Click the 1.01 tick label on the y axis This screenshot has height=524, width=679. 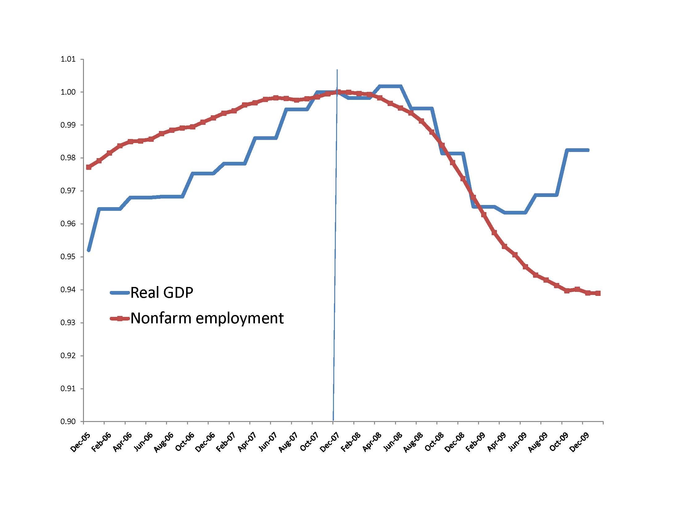coord(68,59)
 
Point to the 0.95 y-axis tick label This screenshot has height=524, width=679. coord(68,257)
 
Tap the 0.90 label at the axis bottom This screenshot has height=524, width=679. coord(68,421)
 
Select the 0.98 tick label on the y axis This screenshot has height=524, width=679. coord(68,158)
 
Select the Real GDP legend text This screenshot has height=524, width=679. coord(162,293)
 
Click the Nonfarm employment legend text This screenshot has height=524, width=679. coord(207,318)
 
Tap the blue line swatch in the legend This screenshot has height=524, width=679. coord(120,293)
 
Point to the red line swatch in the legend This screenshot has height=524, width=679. coord(120,318)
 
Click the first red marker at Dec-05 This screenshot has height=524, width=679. coord(89,167)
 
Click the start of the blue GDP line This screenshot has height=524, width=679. coord(89,250)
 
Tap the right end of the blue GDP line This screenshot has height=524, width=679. coord(588,150)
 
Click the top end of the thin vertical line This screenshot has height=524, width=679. coord(337,70)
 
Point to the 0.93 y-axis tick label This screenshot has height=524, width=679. coord(68,322)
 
